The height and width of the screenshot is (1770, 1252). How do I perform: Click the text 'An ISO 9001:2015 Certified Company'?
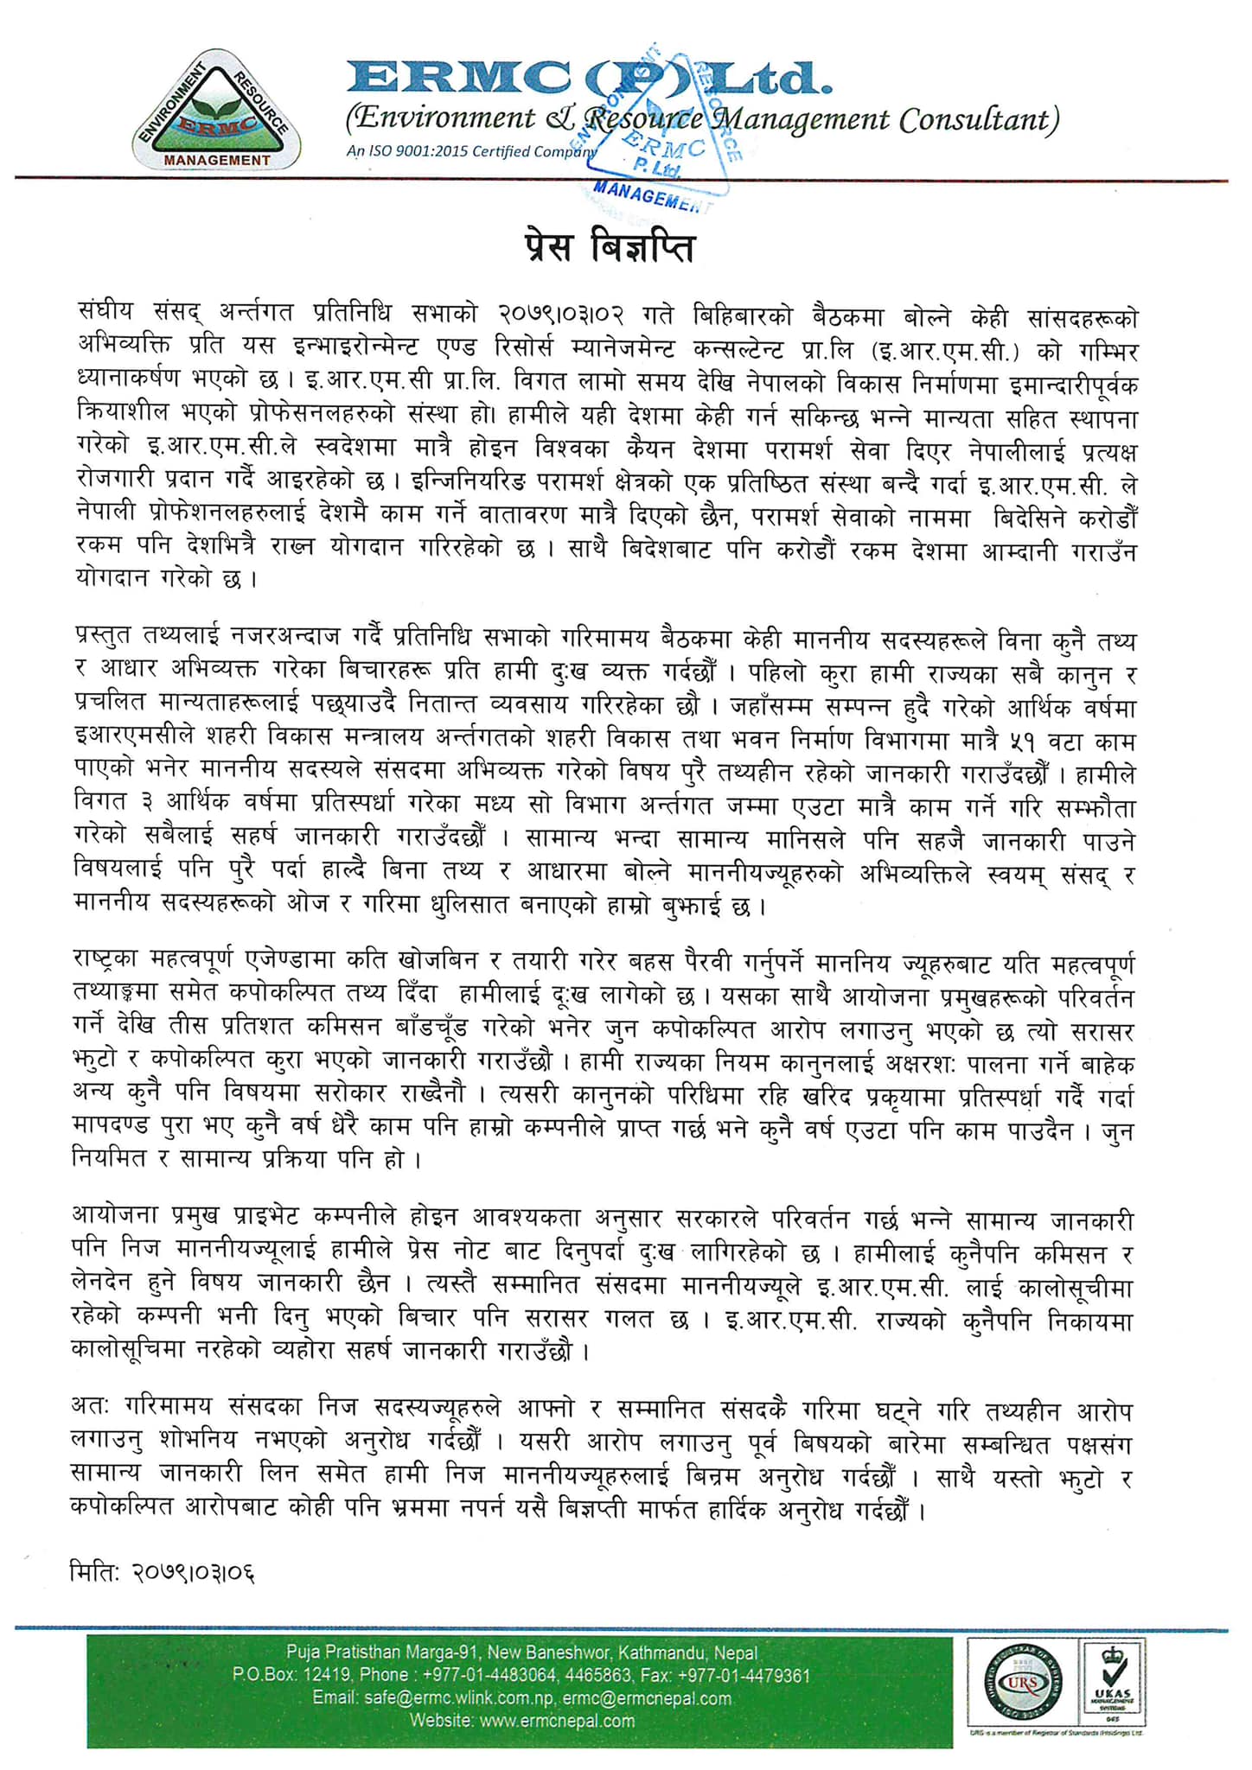click(x=472, y=151)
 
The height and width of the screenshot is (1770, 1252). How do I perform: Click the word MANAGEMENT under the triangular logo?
click(x=217, y=160)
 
